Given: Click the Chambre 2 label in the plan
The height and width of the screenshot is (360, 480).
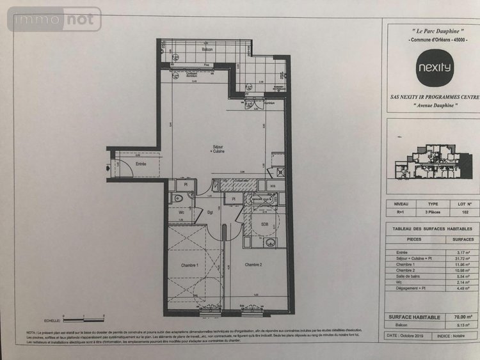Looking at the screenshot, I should (254, 265).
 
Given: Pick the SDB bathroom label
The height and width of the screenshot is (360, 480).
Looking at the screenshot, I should (264, 223).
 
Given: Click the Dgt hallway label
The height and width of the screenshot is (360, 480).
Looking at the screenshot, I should (209, 212).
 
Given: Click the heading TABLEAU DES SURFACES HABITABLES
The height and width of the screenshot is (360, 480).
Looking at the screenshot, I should (432, 228).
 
